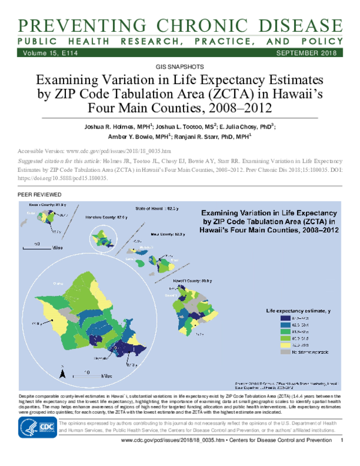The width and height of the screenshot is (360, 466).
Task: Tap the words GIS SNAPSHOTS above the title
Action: coord(179,66)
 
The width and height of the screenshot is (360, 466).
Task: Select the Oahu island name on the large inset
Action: coord(58,282)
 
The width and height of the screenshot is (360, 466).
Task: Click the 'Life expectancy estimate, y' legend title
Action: coord(298,310)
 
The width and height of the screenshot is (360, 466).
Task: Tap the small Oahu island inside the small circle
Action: coord(106,238)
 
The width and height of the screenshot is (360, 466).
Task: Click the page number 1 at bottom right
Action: coord(341,458)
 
